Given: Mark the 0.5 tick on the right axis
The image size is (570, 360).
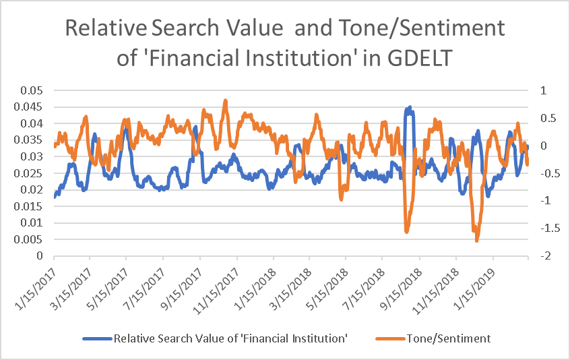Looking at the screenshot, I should point(543,118).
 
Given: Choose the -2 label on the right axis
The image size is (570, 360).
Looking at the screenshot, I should point(542,256).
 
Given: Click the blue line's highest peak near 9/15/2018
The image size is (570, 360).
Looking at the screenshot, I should point(410,107).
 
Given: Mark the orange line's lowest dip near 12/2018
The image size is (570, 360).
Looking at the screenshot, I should point(477,240).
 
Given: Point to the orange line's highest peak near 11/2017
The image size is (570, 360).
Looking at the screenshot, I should point(226,100).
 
